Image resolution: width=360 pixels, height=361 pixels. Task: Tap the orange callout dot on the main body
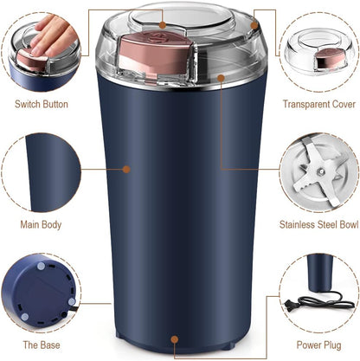click(x=126, y=169)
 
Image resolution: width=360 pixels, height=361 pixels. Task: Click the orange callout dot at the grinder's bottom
click(x=176, y=339)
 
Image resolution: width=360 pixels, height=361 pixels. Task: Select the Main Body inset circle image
click(x=41, y=171)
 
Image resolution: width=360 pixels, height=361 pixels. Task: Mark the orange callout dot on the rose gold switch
click(x=157, y=38)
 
